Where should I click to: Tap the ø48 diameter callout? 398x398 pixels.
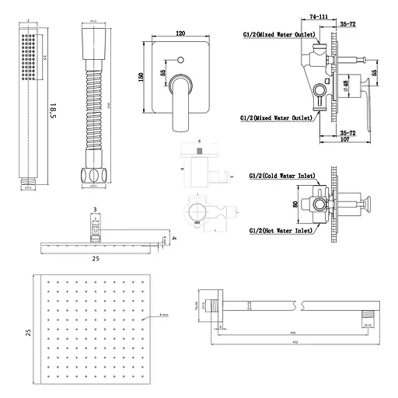click(x=344, y=86)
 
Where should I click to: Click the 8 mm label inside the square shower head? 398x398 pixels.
click(x=164, y=314)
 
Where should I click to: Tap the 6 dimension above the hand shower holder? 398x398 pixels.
click(x=199, y=143)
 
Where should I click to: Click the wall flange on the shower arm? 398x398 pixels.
click(x=216, y=305)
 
